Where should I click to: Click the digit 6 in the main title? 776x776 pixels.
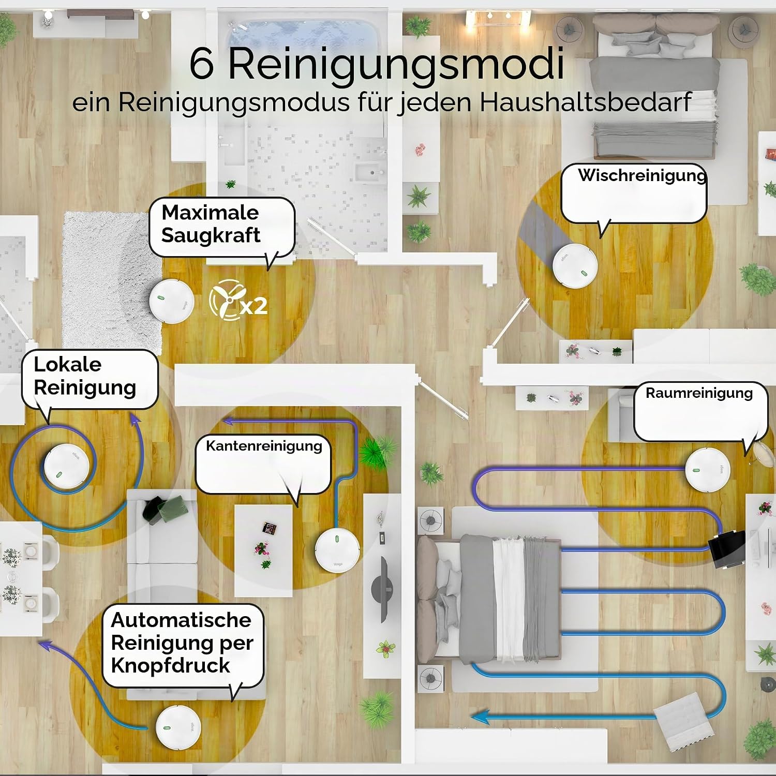click(202, 64)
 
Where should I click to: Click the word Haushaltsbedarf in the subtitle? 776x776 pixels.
click(586, 102)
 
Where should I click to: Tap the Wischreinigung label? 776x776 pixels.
click(642, 175)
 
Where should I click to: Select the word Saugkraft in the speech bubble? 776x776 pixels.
click(211, 236)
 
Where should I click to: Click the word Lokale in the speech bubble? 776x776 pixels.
click(67, 364)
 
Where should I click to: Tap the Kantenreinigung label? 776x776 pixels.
click(264, 446)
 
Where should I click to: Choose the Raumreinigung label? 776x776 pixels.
click(699, 393)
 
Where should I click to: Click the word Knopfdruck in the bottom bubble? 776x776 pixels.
click(170, 666)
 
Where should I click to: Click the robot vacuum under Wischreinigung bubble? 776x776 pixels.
click(575, 265)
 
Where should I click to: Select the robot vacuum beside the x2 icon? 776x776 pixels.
click(171, 301)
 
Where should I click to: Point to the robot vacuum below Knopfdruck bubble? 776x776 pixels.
click(177, 727)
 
